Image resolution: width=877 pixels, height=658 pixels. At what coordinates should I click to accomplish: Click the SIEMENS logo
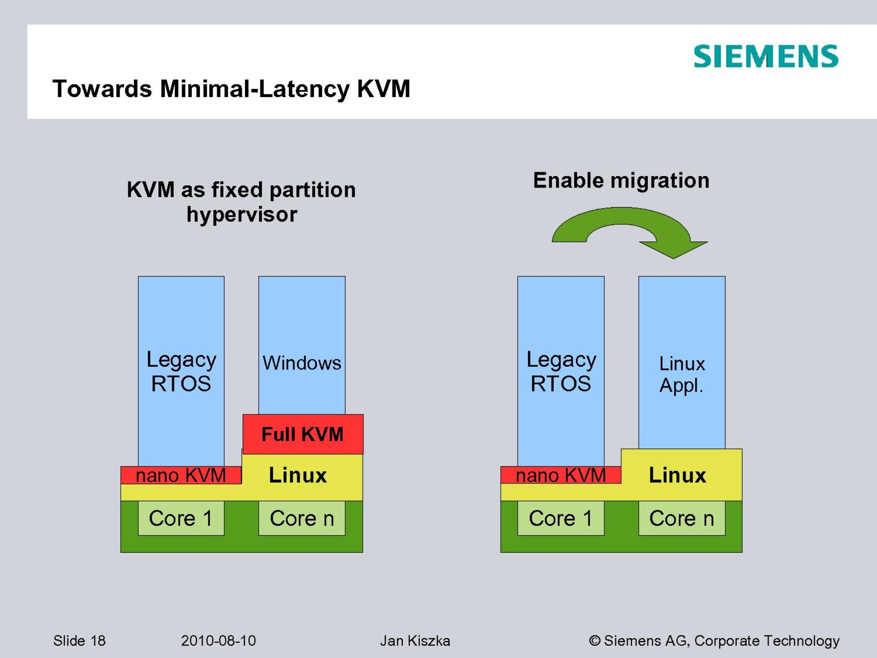coord(766,56)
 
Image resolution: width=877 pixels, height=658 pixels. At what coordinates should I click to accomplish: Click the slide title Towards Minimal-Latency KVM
coord(231,89)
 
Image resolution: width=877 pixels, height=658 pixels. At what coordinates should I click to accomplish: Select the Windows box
coord(301,345)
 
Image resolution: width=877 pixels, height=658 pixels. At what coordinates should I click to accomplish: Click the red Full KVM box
coord(303,434)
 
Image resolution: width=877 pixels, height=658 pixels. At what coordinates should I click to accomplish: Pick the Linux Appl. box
coord(681,362)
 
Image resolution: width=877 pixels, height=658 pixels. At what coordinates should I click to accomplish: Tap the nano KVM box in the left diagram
coord(180,475)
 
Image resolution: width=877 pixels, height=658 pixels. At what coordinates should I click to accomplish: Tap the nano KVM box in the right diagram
coord(560,475)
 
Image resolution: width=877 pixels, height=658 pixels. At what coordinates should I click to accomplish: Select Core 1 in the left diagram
coord(181,518)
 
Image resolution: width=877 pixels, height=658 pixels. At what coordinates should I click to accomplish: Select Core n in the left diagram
coord(301,518)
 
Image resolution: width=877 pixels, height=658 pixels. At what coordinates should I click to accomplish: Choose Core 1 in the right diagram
coord(561,518)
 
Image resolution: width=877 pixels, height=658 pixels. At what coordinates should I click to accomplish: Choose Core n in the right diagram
coord(681,518)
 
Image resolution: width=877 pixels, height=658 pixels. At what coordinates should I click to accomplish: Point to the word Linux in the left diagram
coord(298,475)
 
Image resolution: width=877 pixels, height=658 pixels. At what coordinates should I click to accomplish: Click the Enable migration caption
coord(621,180)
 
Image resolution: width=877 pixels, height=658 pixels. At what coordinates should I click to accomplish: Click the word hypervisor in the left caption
coord(242,214)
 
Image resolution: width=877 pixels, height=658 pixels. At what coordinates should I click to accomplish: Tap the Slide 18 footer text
coord(79,640)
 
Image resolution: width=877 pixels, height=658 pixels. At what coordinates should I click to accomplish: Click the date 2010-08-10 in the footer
coord(218,640)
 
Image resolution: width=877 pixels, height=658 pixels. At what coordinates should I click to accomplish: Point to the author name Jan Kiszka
coord(415,640)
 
